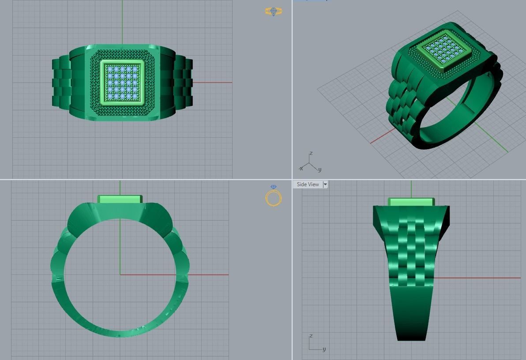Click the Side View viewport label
(x=308, y=184)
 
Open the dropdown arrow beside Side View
(x=325, y=184)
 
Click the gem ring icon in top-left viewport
(x=274, y=11)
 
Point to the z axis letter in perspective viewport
(x=311, y=154)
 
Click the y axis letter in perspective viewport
(x=319, y=169)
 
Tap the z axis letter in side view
(x=311, y=336)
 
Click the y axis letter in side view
(x=324, y=349)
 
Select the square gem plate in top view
(x=123, y=82)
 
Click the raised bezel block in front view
(x=120, y=199)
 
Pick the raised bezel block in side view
(x=411, y=202)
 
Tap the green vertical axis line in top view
(x=122, y=22)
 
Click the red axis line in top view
(x=212, y=82)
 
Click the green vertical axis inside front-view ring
(x=120, y=247)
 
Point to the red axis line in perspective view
(x=382, y=137)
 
